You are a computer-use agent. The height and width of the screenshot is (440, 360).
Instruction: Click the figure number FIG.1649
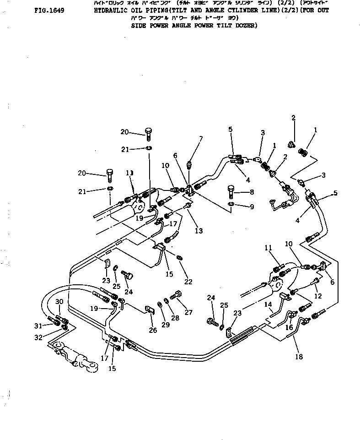[x=49, y=9]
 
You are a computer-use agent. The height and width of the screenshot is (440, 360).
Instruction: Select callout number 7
[x=200, y=139]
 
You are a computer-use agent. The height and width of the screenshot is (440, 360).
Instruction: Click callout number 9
[x=251, y=207]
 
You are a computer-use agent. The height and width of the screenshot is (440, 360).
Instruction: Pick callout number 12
[x=318, y=296]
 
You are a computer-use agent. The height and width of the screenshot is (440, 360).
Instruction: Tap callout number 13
[x=199, y=231]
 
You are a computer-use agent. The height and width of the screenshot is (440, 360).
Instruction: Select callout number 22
[x=188, y=282]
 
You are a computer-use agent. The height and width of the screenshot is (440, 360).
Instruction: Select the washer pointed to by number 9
[x=231, y=203]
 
